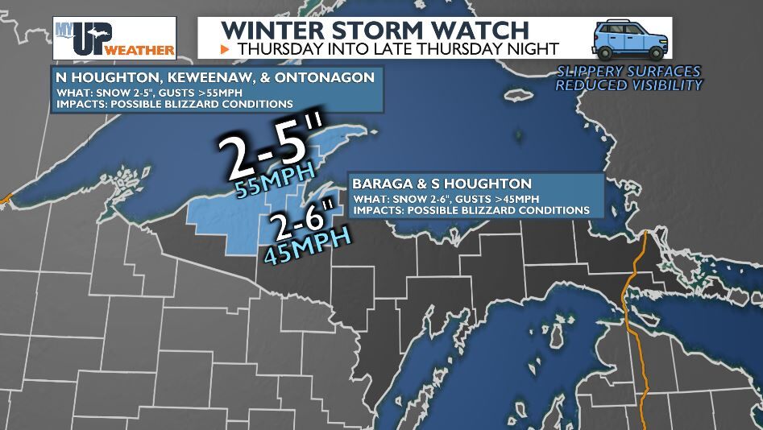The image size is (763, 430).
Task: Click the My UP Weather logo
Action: pyautogui.click(x=114, y=38)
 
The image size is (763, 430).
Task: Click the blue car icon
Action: pyautogui.click(x=628, y=38)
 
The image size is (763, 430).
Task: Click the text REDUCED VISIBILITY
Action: pyautogui.click(x=628, y=85)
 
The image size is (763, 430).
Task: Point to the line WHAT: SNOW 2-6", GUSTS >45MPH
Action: pyautogui.click(x=446, y=198)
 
